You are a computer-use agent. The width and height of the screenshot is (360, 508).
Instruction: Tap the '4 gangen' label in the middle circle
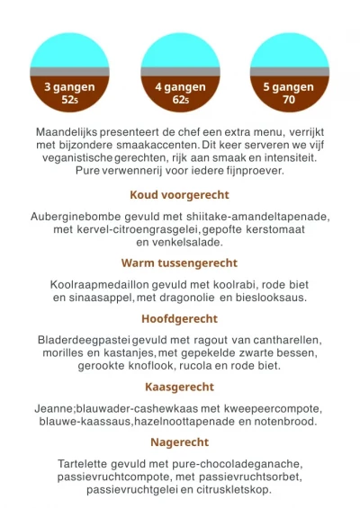[x=180, y=87]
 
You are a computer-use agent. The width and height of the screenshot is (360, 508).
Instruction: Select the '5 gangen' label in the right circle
[x=289, y=87]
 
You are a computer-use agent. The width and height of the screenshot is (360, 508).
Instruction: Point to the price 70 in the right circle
[x=289, y=101]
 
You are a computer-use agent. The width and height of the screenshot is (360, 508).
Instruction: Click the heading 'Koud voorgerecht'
[x=180, y=194]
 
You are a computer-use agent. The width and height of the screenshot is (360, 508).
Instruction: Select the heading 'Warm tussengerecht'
[x=180, y=263]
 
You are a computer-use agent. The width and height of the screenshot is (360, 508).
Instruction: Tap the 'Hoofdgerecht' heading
[x=180, y=318]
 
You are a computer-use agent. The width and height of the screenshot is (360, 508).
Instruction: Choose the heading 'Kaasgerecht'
[x=180, y=387]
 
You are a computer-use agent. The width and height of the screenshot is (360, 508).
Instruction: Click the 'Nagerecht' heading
[x=180, y=442]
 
